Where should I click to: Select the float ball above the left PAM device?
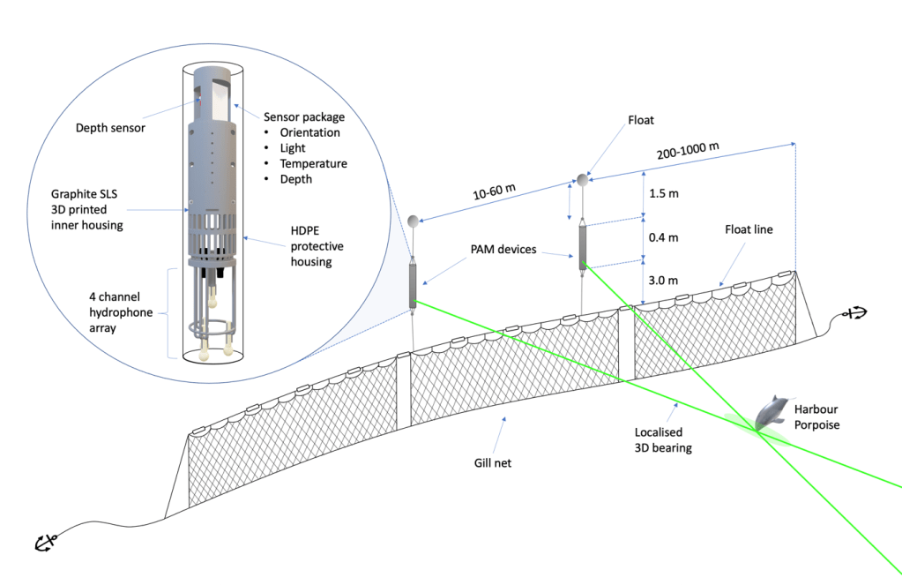pos(414,220)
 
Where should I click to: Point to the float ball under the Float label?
pos(583,181)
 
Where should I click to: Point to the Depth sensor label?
pos(110,128)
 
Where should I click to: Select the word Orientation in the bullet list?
pos(309,132)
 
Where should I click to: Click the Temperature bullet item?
pos(313,163)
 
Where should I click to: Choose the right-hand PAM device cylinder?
pos(583,247)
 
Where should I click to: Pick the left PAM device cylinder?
pos(414,284)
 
